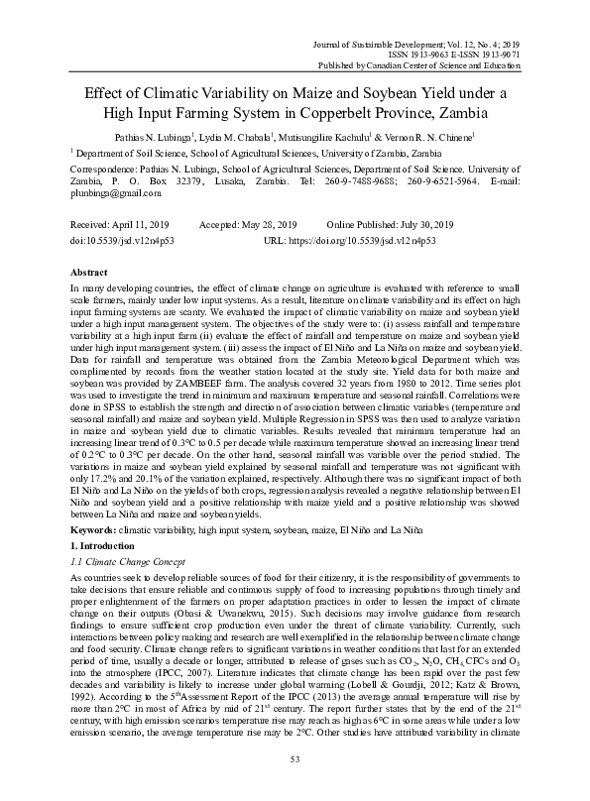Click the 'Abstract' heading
tap(90, 271)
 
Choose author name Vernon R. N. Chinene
tap(435, 135)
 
